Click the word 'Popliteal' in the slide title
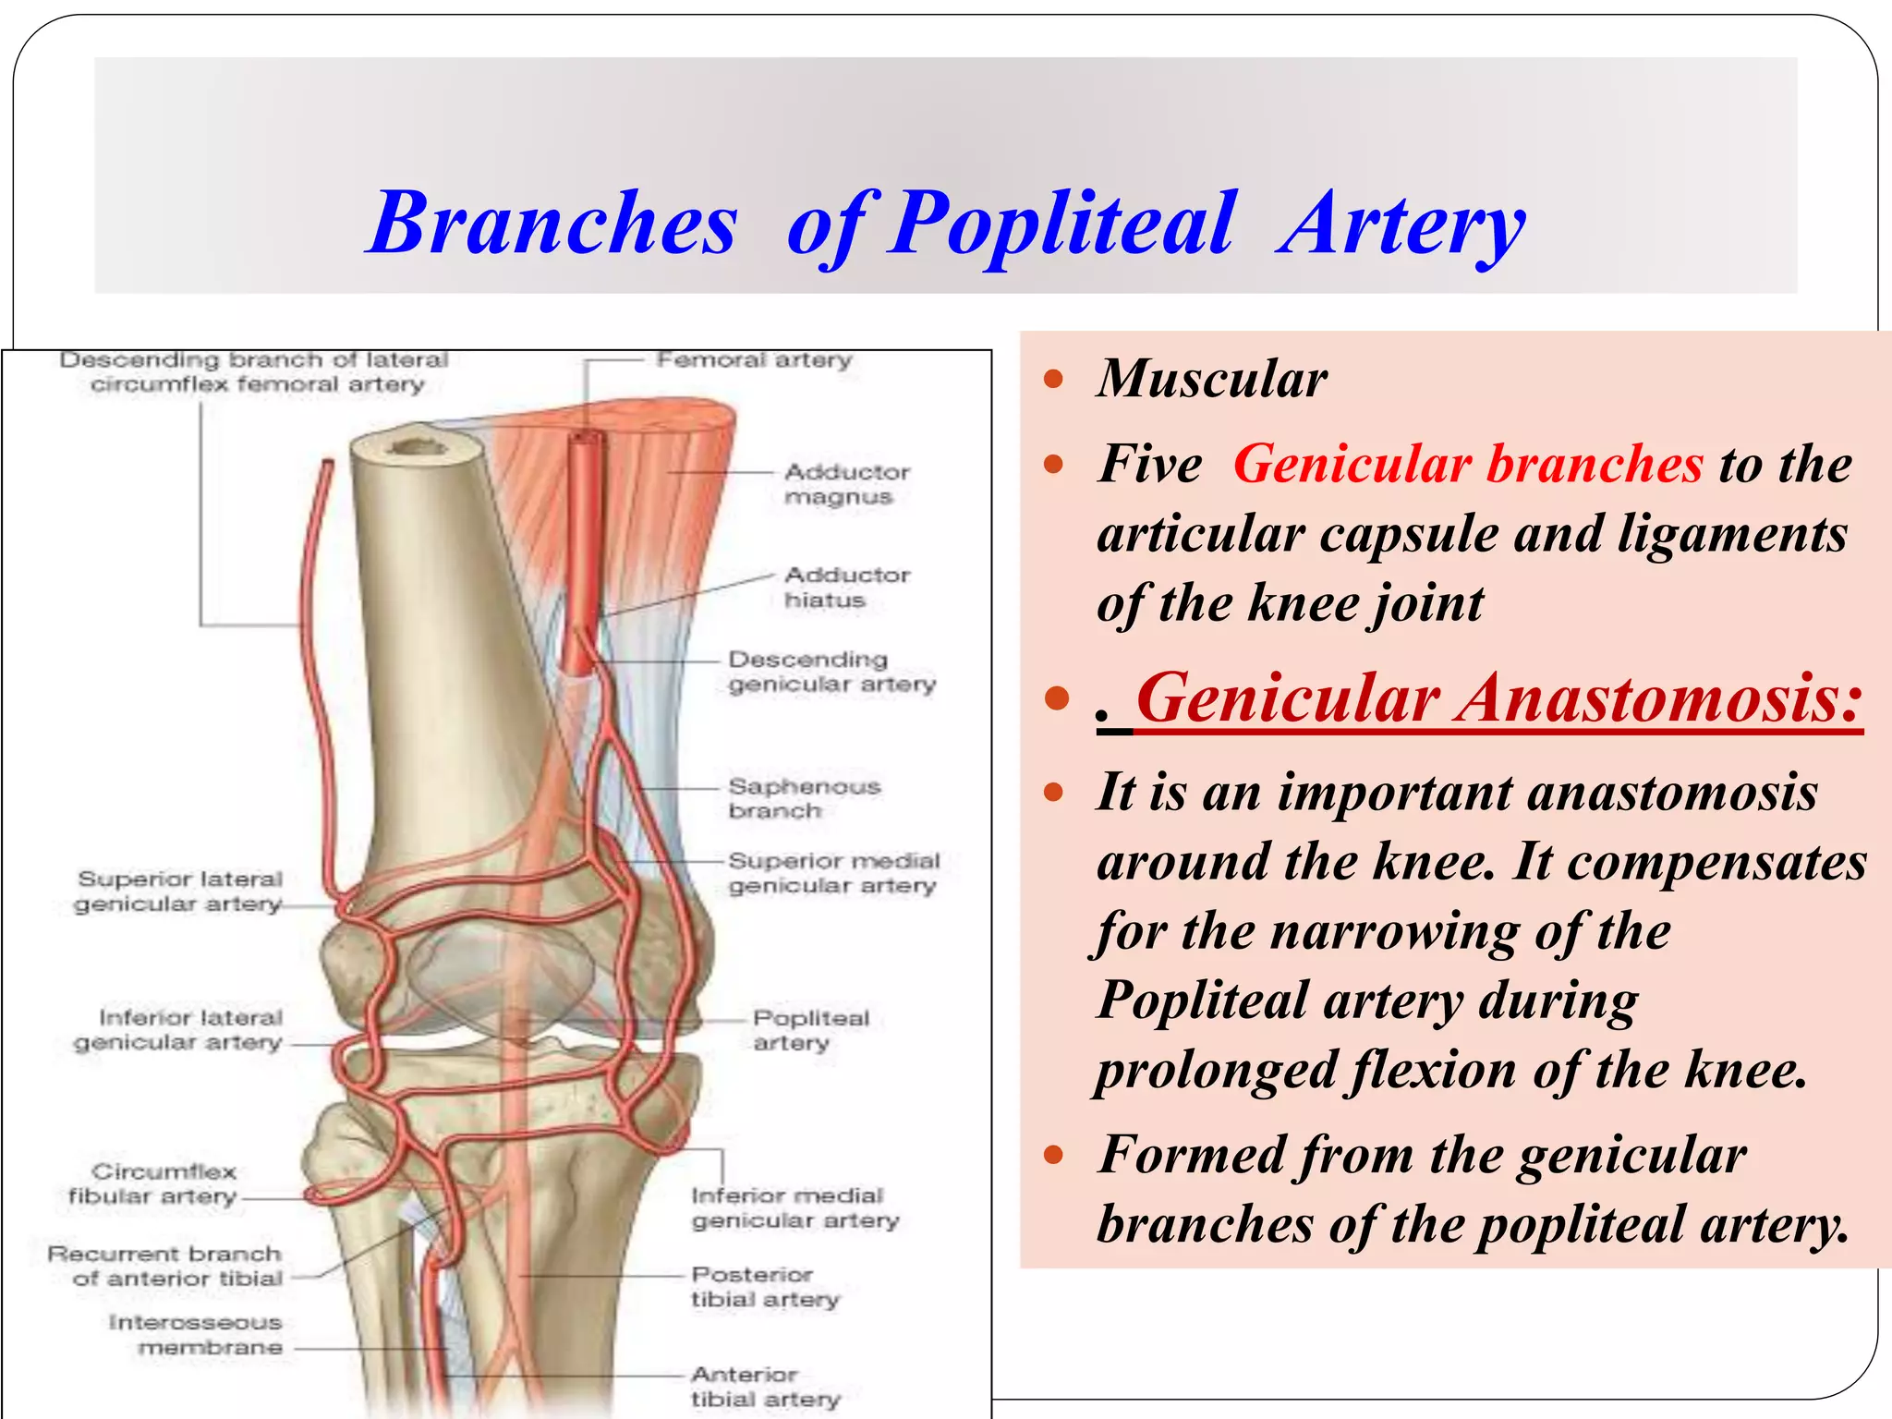coord(1061,224)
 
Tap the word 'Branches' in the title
coord(552,224)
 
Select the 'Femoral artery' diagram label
coord(754,359)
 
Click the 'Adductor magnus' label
coord(846,484)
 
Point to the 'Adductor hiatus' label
coord(846,588)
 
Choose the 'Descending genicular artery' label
coord(831,672)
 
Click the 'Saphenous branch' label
coord(804,798)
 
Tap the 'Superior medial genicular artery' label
coord(833,873)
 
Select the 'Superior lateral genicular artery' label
coord(179,891)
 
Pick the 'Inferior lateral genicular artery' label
coord(179,1030)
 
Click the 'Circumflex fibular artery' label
coord(153,1184)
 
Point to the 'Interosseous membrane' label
coord(196,1335)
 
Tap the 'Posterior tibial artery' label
coord(765,1287)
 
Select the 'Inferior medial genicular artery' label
coord(794,1208)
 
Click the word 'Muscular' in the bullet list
coord(1212,379)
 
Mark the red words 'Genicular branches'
coord(1468,464)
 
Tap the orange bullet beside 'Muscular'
coord(1053,379)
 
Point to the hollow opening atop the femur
coord(418,448)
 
